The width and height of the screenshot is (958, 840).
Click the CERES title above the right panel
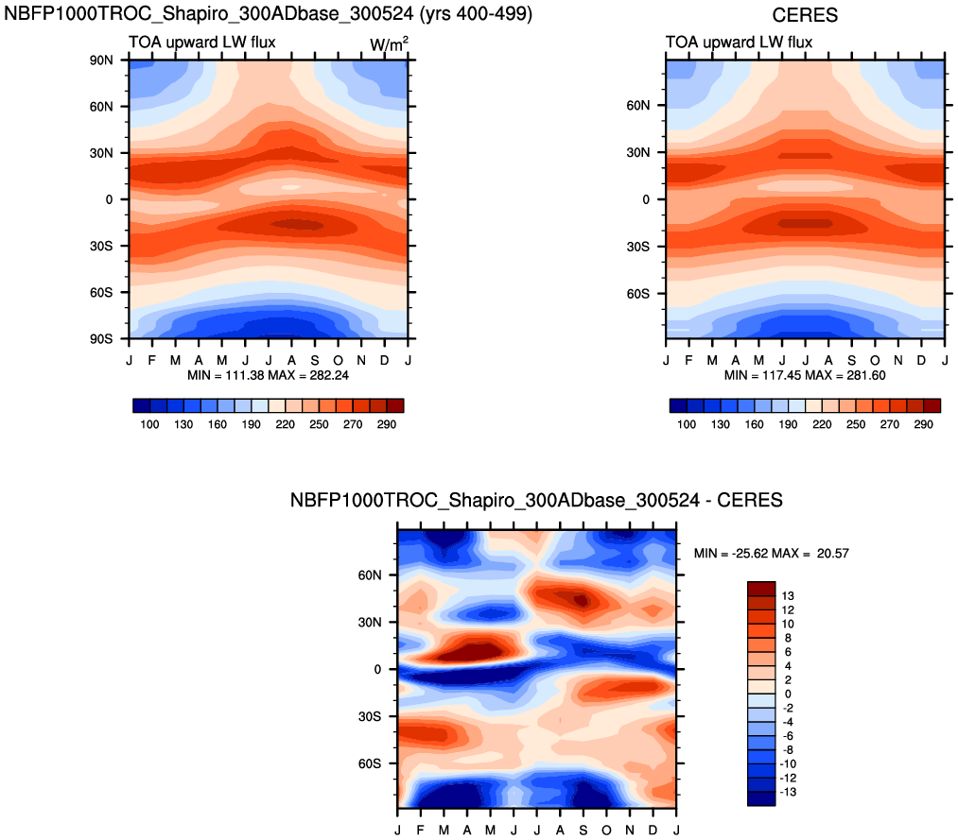(x=805, y=15)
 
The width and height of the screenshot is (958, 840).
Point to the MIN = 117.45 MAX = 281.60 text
(x=806, y=375)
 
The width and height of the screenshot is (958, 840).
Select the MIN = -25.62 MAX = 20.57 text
(x=771, y=553)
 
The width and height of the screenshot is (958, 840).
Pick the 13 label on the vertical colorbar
(x=786, y=596)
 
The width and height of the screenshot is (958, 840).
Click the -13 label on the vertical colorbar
(x=789, y=792)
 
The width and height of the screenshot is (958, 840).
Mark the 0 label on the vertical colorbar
(x=784, y=694)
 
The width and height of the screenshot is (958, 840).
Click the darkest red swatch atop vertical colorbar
(x=761, y=589)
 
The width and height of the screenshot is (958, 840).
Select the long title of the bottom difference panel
(x=536, y=501)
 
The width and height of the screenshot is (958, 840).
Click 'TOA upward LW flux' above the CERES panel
(x=739, y=43)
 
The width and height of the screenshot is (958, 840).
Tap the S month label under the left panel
(x=315, y=361)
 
